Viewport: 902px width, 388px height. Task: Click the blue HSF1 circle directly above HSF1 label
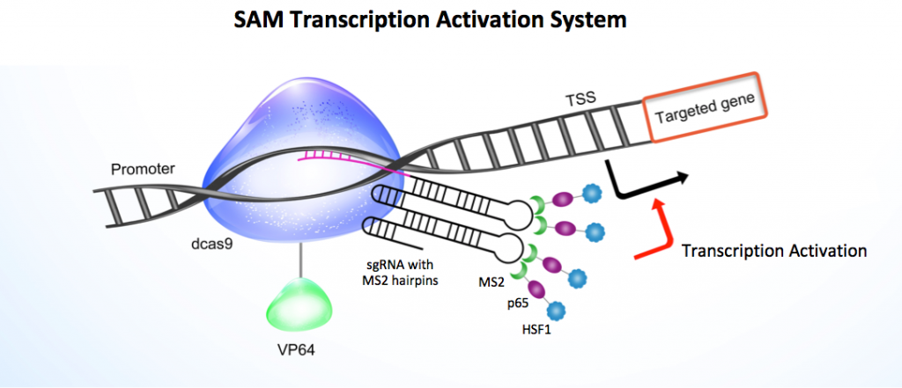pyautogui.click(x=556, y=311)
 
